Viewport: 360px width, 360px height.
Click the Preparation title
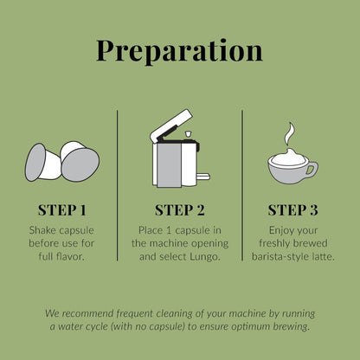pos(179,51)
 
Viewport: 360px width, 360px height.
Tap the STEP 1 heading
pos(62,210)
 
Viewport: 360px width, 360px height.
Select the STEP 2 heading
pos(180,210)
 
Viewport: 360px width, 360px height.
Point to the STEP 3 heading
pos(292,210)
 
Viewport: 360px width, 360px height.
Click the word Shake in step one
pos(44,230)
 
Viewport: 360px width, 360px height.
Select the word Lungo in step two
pos(205,256)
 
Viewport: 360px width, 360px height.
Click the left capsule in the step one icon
pos(43,163)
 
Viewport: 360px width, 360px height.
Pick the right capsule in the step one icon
pos(80,161)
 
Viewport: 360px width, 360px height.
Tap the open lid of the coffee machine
pos(171,125)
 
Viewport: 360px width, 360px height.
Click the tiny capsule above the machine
pos(188,134)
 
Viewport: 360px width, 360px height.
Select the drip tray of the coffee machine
pos(203,176)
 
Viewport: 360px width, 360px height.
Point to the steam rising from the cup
pos(289,134)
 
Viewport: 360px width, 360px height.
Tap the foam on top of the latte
pos(289,157)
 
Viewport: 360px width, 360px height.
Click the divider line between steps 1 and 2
pos(118,185)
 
